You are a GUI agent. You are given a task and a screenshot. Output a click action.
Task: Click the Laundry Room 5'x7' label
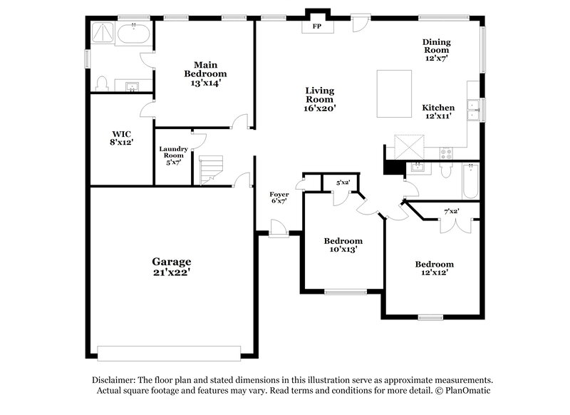pos(173,155)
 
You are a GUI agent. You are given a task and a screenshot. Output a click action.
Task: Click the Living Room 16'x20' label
pos(320,99)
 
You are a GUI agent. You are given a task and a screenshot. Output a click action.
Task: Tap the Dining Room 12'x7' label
pos(436,51)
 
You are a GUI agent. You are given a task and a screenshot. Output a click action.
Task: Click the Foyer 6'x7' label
pos(279,198)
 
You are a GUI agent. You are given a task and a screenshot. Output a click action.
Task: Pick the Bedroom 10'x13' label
pos(343,245)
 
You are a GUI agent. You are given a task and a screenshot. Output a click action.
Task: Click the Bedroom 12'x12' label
pos(435,269)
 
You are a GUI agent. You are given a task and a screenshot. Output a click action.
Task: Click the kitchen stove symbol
pos(447,152)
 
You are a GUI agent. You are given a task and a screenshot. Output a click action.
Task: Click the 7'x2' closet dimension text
pos(451,211)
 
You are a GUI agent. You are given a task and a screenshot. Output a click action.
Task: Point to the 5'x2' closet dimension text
pos(343,183)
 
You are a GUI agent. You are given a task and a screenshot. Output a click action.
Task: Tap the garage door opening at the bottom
pos(169,352)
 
